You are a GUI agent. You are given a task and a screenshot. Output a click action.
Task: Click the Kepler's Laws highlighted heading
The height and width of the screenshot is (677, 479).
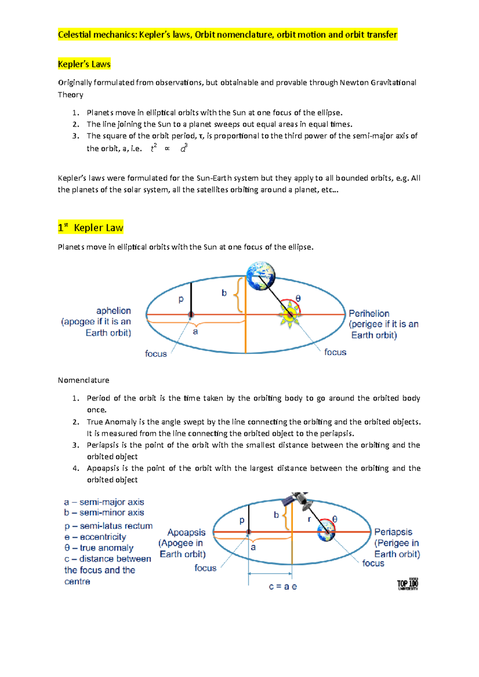click(84, 64)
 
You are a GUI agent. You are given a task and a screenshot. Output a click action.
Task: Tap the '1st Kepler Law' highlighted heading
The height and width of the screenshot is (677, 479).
click(91, 228)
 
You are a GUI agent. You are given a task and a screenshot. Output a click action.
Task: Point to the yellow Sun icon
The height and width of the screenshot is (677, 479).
click(290, 315)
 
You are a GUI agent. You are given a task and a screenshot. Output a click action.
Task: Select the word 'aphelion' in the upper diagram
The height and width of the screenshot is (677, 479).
click(113, 311)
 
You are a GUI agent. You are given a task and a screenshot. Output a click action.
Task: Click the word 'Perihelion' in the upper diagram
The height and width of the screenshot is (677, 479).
click(369, 313)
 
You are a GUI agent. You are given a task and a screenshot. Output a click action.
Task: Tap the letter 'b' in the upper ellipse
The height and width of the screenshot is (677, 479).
click(224, 293)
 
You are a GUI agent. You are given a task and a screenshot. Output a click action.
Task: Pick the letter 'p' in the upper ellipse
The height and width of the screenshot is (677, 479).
click(181, 299)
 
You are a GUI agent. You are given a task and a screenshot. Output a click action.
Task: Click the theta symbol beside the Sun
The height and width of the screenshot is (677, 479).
click(298, 298)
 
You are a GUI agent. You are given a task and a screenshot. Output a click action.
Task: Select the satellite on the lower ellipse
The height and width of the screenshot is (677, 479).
click(297, 500)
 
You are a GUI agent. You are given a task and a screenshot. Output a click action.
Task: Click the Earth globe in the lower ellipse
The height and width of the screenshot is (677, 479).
click(326, 532)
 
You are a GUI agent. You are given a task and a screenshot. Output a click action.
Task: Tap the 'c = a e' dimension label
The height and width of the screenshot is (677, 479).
click(283, 586)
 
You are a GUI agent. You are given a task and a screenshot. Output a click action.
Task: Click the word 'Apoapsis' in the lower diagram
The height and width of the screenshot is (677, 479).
click(186, 532)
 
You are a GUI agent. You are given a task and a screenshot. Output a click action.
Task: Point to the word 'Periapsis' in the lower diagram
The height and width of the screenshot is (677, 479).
click(393, 532)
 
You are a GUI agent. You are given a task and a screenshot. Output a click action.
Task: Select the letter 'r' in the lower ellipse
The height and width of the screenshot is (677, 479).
click(309, 519)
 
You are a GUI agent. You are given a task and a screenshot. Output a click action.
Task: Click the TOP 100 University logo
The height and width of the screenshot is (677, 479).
click(408, 585)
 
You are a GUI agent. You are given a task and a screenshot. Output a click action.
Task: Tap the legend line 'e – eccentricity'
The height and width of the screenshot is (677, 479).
click(95, 537)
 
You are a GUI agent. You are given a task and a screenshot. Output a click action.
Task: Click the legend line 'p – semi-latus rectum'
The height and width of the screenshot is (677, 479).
click(108, 526)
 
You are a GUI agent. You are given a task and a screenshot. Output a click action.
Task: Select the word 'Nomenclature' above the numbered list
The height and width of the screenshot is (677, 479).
click(83, 380)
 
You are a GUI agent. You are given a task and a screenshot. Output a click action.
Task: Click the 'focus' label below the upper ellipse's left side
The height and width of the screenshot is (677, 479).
click(156, 354)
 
